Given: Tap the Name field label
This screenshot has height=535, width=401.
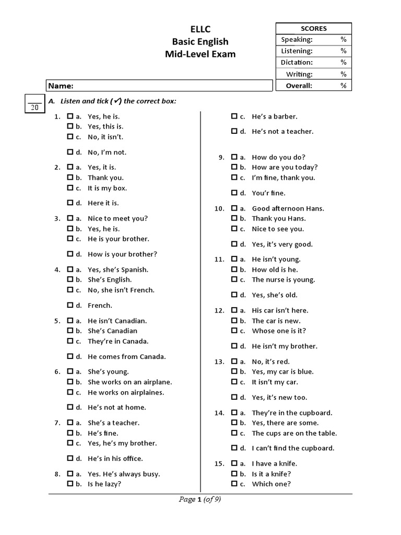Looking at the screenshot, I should [61, 86].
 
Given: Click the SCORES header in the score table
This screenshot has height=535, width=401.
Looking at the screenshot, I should [313, 28].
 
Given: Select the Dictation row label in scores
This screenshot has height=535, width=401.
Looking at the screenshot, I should [297, 63].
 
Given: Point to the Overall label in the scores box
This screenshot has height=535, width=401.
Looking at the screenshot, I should [299, 86].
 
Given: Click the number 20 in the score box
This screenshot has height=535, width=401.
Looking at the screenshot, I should [34, 107].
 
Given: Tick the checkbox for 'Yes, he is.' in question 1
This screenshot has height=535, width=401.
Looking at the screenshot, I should [70, 117].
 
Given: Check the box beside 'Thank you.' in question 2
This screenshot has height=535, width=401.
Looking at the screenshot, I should [70, 178].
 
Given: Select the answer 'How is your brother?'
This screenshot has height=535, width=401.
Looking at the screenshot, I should [122, 254].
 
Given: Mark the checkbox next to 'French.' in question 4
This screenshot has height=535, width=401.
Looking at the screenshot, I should [70, 306].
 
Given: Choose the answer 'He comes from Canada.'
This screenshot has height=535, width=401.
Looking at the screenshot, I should [126, 357].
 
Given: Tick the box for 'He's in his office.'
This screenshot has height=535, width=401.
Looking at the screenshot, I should [70, 459].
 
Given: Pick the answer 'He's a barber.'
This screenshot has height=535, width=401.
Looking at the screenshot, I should [274, 117].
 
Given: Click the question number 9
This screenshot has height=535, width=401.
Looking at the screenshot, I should [221, 157].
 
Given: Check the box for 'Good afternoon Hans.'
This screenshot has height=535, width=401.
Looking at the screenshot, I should [234, 208].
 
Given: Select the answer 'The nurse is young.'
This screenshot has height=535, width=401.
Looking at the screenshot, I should [283, 280].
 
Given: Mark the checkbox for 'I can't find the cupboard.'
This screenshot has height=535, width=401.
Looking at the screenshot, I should [234, 448].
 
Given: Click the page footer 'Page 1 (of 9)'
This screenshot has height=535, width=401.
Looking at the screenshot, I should [200, 499].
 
